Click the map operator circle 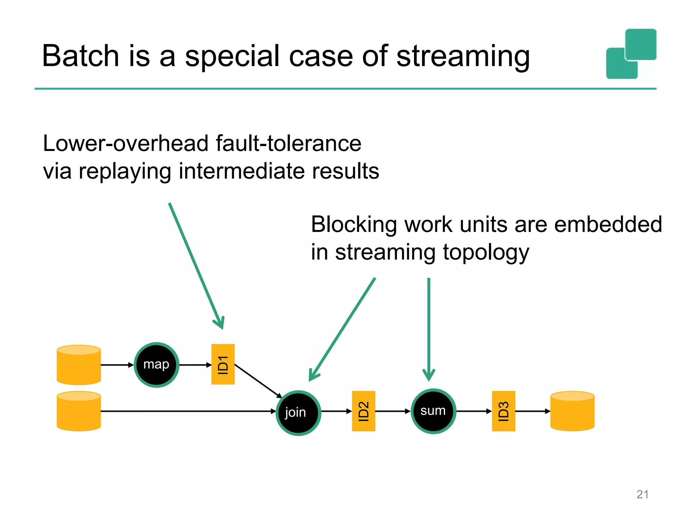pyautogui.click(x=156, y=365)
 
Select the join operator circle pyautogui.click(x=298, y=413)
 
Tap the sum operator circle pyautogui.click(x=433, y=411)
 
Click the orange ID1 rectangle pyautogui.click(x=223, y=364)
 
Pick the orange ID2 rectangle pyautogui.click(x=363, y=411)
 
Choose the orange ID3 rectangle pyautogui.click(x=503, y=411)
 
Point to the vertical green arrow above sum pyautogui.click(x=429, y=327)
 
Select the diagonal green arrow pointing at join pyautogui.click(x=342, y=329)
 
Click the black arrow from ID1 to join pyautogui.click(x=258, y=381)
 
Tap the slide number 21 pyautogui.click(x=642, y=494)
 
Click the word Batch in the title pyautogui.click(x=80, y=56)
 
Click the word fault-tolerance pyautogui.click(x=288, y=143)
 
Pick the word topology pyautogui.click(x=486, y=252)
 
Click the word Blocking pyautogui.click(x=353, y=224)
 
